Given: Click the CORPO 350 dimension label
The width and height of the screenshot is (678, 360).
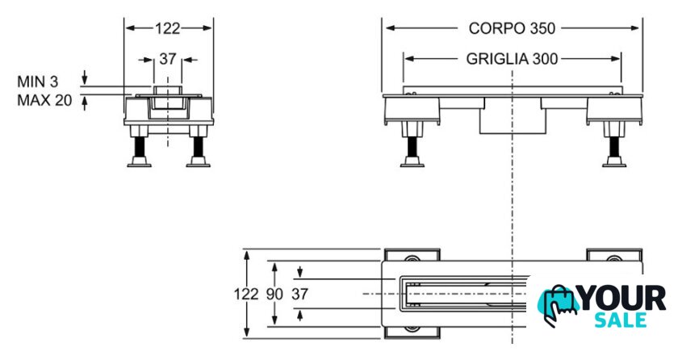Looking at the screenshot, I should point(512,28).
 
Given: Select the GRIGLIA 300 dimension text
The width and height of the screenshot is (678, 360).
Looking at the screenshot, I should point(512,59).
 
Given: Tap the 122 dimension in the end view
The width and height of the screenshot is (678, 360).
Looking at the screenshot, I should point(167,28).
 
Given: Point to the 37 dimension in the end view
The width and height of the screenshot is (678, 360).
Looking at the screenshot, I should point(167,59).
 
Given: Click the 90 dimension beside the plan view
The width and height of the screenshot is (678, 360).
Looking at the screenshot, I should point(275,295).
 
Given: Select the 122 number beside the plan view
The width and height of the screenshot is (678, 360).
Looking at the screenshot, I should point(249,295).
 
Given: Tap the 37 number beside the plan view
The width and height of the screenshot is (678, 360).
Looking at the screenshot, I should point(299,295).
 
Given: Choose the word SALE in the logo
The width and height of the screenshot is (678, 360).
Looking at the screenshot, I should point(621,320).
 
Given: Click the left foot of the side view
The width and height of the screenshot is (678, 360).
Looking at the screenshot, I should point(412,161).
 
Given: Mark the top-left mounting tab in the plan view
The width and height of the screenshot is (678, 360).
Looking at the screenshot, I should point(412,255).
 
